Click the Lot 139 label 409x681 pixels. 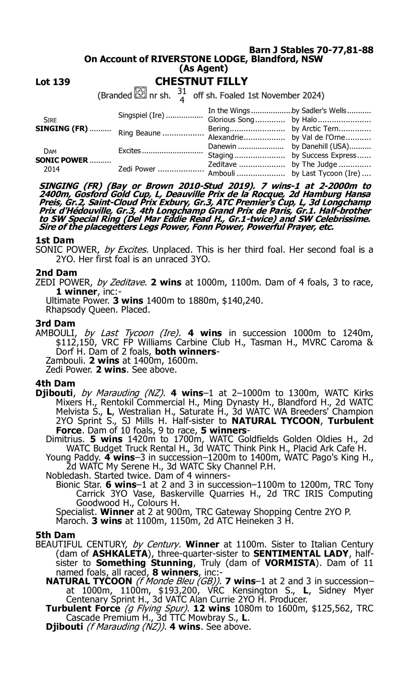coord(53,82)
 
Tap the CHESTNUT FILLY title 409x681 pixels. coord(201,81)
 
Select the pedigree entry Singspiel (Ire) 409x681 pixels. coord(141,115)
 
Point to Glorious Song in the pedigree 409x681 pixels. coord(231,120)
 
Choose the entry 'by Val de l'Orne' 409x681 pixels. coord(318,137)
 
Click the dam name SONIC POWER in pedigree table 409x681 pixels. coord(61,160)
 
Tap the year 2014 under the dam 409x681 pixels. coord(52,169)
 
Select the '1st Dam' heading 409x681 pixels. coord(55,240)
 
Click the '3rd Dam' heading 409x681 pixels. coord(55,323)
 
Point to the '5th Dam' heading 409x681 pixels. coord(55,535)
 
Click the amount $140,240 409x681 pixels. coord(242,300)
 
